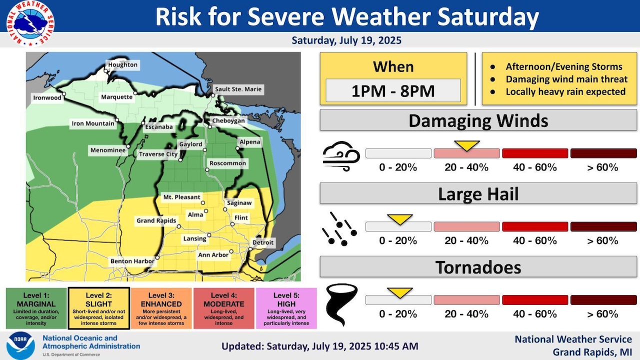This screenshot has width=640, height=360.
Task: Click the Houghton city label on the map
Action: coord(122,65)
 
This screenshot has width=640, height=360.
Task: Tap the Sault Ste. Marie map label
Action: coord(238,89)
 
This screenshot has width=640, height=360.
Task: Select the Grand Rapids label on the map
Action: coord(156,220)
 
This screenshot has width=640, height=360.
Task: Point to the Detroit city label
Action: coord(263,243)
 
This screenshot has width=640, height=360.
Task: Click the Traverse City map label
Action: coord(158,154)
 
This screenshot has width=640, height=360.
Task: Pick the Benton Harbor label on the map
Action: coord(132,261)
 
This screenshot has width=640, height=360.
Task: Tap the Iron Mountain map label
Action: coord(93,123)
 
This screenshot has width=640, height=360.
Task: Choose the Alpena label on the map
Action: coord(249,142)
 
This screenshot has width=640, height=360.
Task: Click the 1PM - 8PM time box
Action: coord(393,90)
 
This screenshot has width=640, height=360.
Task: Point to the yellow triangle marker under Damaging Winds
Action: coord(466,145)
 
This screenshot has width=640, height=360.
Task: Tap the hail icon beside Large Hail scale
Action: coord(339,229)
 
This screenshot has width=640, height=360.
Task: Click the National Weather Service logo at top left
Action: coord(30,23)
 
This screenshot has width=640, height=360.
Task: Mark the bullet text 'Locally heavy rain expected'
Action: coord(565,91)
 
